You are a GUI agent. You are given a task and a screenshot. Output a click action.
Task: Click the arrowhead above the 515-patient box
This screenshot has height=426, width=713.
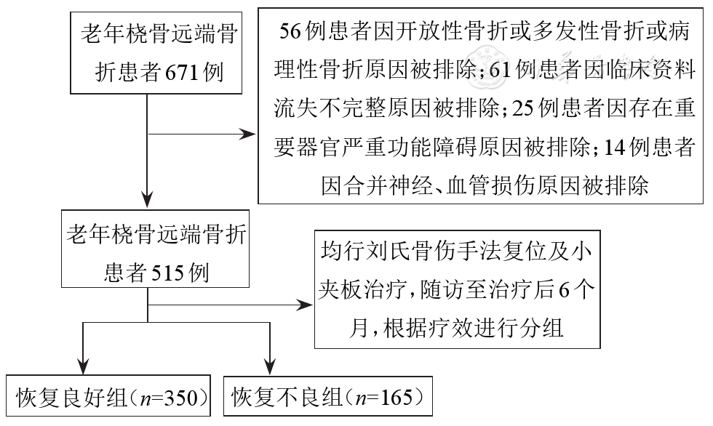click(148, 197)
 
